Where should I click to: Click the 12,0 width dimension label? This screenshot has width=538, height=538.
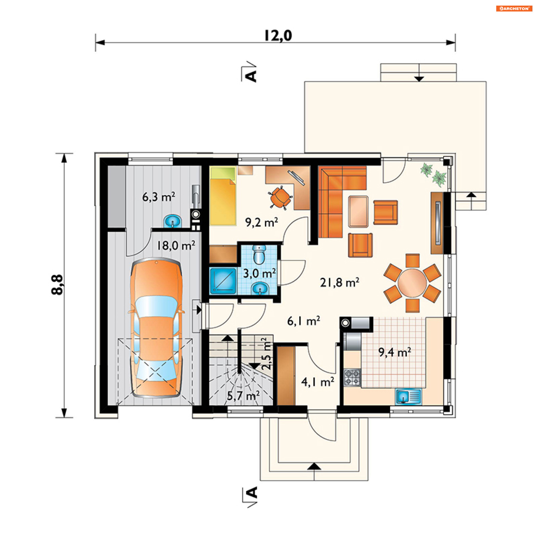point(278,36)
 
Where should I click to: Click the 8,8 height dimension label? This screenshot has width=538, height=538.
point(57,284)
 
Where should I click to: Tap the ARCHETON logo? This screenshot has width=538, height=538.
point(514,8)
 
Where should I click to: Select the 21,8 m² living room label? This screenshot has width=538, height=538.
point(340,282)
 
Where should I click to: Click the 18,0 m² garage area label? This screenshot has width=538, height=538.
point(176,246)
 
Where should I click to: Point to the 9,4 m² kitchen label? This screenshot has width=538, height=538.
point(395,352)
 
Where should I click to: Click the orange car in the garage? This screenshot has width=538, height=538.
point(156,328)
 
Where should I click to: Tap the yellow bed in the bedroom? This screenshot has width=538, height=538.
point(223,196)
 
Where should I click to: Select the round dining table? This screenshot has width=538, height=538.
point(412,283)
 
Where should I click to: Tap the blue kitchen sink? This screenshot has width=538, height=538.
point(408,396)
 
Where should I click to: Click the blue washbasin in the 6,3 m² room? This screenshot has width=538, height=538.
point(173,221)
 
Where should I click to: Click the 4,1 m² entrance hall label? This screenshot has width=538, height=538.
point(318,382)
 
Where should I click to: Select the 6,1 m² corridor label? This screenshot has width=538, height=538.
point(304,321)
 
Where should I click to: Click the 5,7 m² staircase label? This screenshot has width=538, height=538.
point(243,396)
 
